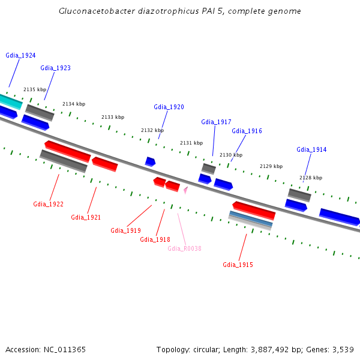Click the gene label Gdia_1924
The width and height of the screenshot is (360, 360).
pyautogui.click(x=20, y=55)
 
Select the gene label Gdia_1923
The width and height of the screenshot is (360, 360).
pyautogui.click(x=55, y=68)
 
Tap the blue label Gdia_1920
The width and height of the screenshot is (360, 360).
pyautogui.click(x=169, y=107)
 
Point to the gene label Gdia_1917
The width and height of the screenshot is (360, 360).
pyautogui.click(x=216, y=122)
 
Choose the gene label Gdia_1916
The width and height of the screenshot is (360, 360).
pyautogui.click(x=247, y=131)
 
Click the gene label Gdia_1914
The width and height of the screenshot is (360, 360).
pyautogui.click(x=311, y=149)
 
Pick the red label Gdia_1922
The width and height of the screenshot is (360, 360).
pyautogui.click(x=48, y=204)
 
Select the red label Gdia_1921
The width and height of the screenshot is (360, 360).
pyautogui.click(x=86, y=217)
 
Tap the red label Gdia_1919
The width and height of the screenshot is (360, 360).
pyautogui.click(x=125, y=230)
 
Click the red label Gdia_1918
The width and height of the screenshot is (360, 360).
pyautogui.click(x=155, y=239)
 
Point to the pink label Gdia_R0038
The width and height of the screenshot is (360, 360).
pyautogui.click(x=184, y=248)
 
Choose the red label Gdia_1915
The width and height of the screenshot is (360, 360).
pyautogui.click(x=238, y=265)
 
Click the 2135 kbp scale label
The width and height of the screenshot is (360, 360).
pyautogui.click(x=35, y=89)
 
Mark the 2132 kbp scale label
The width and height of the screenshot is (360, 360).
pyautogui.click(x=152, y=130)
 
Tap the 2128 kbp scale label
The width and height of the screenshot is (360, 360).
pyautogui.click(x=311, y=178)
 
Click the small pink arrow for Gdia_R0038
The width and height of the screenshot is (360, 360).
pyautogui.click(x=186, y=190)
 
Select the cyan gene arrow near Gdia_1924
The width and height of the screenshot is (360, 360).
pyautogui.click(x=10, y=101)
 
